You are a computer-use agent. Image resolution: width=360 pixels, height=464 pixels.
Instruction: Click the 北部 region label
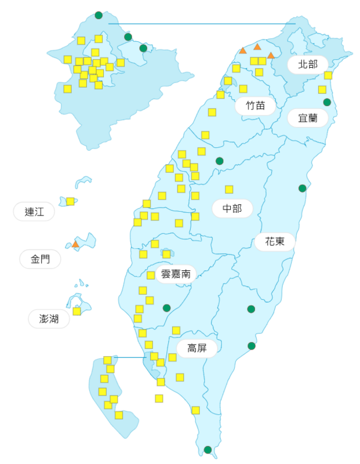pos(308,64)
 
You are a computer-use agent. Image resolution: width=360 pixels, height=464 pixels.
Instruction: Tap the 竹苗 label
pos(255,106)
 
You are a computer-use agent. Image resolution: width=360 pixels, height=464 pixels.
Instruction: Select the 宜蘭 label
pos(308,118)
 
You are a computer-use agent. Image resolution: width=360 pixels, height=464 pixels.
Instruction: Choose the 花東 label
pos(275,241)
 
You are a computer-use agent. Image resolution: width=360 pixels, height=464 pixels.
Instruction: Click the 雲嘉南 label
pos(176,274)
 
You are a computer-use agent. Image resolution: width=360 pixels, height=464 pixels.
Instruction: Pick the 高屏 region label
pos(197,349)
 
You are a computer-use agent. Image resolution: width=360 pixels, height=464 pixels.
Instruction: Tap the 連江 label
pos(34,212)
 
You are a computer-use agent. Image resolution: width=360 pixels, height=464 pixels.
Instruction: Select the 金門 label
pos(40,259)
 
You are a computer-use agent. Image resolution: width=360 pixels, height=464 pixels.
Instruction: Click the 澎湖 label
pos(49,318)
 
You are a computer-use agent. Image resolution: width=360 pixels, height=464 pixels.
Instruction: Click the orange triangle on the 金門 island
pos(75,244)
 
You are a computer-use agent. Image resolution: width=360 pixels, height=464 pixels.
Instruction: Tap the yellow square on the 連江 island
pos(70,201)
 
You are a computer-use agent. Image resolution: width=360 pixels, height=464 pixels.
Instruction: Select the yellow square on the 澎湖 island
pos(77,311)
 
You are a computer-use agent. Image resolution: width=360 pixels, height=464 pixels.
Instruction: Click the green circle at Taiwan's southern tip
pos(208,449)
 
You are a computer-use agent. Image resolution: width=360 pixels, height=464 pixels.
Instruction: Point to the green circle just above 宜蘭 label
pos(327,102)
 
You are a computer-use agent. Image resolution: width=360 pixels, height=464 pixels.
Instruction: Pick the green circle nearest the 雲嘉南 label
pos(167,308)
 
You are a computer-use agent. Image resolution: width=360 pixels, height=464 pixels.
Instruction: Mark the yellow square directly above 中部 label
pos(229,189)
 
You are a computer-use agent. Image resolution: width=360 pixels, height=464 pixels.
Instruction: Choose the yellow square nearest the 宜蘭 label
pos(322,89)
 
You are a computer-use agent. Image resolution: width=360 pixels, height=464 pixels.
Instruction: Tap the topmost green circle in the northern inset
pos(99,14)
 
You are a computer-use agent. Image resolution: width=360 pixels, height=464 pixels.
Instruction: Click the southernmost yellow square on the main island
pos(195,410)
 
